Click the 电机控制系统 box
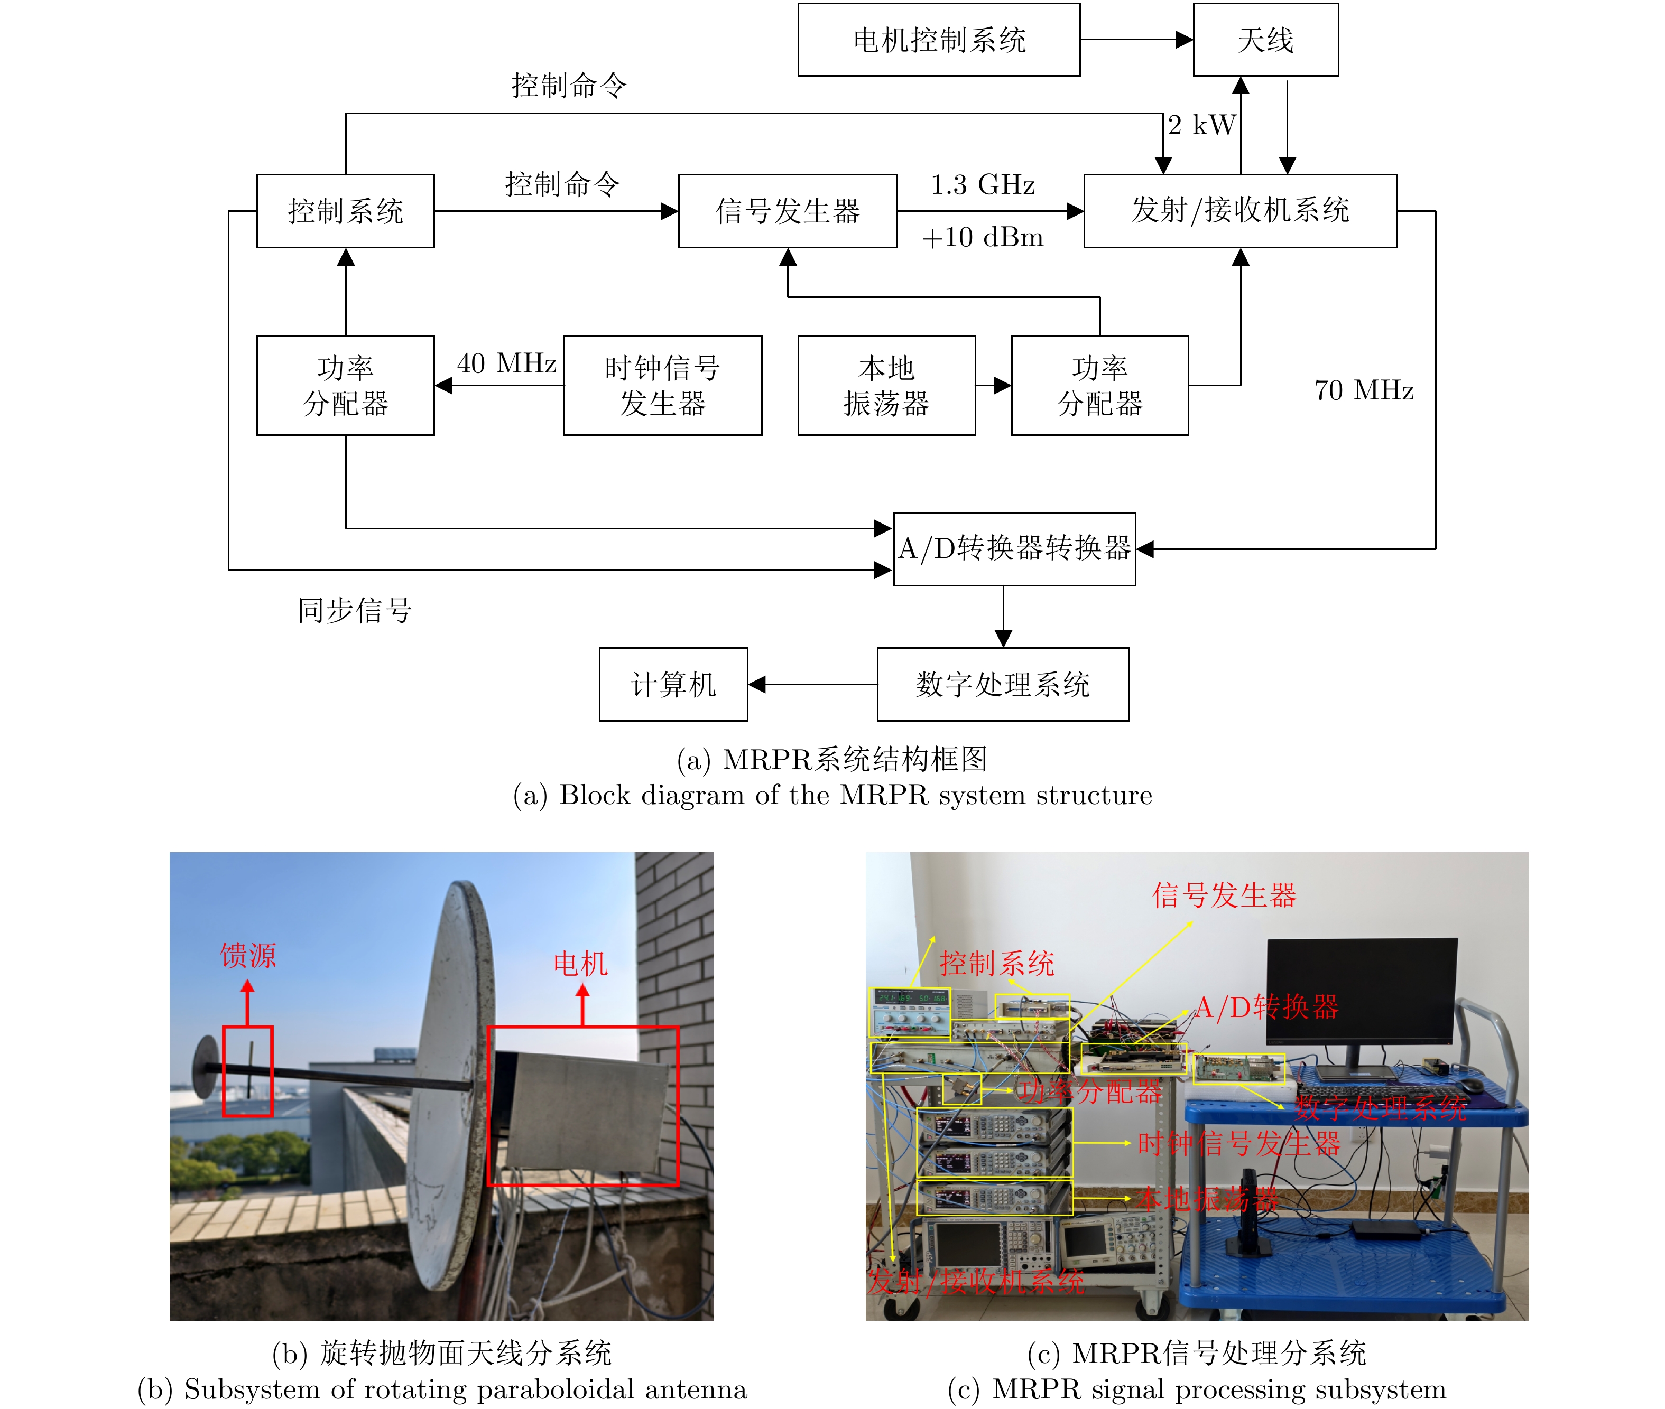click(938, 40)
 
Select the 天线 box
click(1265, 40)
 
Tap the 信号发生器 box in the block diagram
click(787, 211)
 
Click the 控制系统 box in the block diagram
click(345, 211)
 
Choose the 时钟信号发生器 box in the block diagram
click(662, 385)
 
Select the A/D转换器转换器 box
click(1014, 549)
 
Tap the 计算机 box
click(673, 685)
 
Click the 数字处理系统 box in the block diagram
click(1003, 685)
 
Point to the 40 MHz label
click(506, 363)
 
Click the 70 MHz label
click(1364, 390)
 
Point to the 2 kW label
click(1201, 125)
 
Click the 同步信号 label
click(355, 610)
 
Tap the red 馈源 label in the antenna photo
click(248, 955)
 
